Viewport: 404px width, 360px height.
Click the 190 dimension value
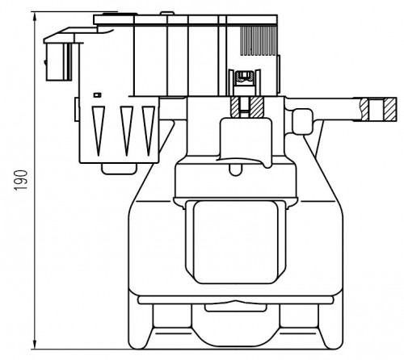tap(21, 180)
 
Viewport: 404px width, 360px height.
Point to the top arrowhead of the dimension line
tap(35, 18)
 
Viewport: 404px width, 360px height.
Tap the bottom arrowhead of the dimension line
tap(35, 344)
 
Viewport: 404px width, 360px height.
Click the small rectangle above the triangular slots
tap(97, 95)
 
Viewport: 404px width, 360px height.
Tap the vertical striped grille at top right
tap(259, 40)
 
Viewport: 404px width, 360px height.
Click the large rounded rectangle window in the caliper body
tap(235, 241)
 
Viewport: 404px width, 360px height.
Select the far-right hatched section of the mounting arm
tap(390, 109)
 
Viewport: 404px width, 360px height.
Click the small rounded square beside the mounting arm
tap(303, 121)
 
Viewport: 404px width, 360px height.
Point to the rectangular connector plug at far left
tap(59, 61)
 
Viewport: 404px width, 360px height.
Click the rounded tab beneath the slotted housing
tap(119, 169)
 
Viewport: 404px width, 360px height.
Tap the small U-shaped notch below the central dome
tap(235, 170)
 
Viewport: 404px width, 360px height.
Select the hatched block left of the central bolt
tap(235, 107)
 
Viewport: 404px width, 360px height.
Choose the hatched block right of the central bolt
tap(256, 107)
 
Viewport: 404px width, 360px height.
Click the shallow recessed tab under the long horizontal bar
tap(236, 308)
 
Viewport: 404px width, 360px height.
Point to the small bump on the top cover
tap(167, 13)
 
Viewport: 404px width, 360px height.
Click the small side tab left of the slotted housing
tap(77, 109)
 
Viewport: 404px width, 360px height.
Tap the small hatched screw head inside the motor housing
tap(244, 76)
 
